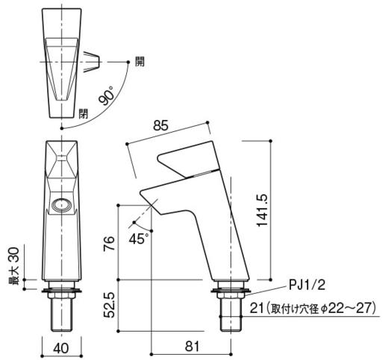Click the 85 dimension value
pos(160,125)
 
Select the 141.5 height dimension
pos(263,210)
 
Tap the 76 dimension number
pos(109,243)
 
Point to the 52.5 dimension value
pos(109,305)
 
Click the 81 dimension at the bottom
pos(193,346)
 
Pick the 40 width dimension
pos(60,348)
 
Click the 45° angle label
pos(139,239)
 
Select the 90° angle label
pos(107,95)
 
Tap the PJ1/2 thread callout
pos(307,285)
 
